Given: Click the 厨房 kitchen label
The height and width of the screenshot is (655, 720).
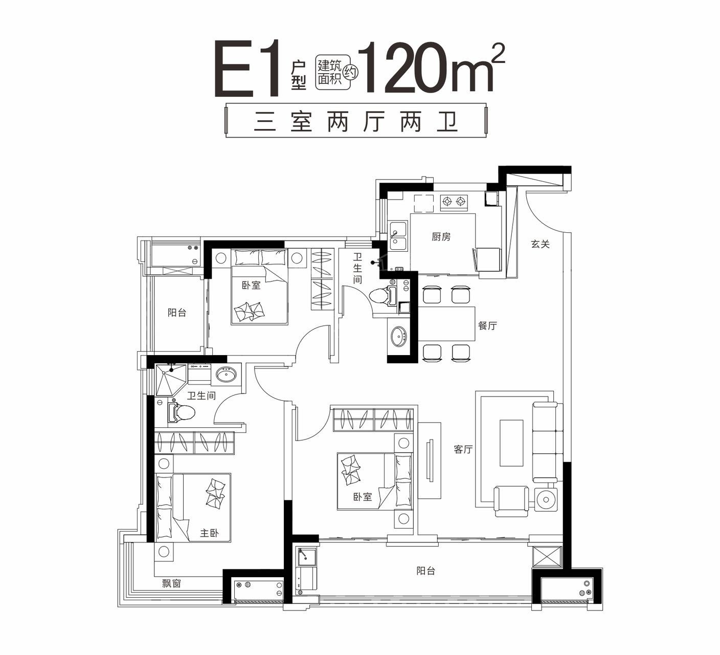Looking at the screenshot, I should (x=440, y=236).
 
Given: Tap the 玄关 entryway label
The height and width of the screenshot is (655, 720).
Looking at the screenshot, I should (x=539, y=244).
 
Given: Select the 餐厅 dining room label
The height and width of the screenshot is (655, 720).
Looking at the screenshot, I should (x=487, y=325).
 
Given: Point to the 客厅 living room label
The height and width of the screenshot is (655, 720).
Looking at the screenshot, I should (x=463, y=449).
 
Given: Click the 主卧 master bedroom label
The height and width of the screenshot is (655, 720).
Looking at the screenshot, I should (x=209, y=533).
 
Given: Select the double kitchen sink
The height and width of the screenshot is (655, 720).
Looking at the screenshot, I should (x=398, y=236).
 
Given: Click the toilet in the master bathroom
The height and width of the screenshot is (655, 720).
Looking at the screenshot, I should (x=181, y=412).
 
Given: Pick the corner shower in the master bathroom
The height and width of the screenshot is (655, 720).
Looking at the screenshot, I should (x=170, y=379).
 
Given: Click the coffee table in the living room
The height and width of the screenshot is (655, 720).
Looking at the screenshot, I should (x=511, y=443).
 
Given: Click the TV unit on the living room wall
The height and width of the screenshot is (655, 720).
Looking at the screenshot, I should (x=430, y=460).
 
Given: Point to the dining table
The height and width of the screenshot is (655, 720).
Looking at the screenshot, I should (x=447, y=323).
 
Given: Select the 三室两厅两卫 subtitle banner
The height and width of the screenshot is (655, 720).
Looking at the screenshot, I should (x=356, y=122).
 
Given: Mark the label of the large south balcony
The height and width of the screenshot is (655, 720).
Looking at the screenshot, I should (x=425, y=571).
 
